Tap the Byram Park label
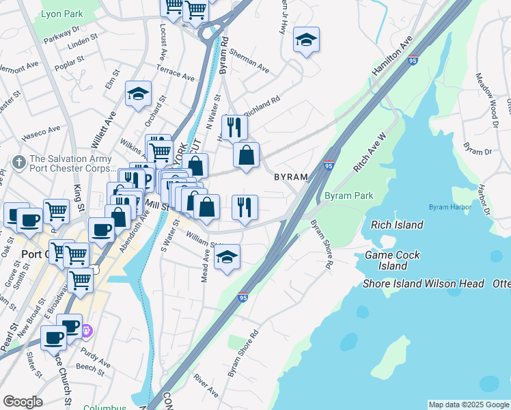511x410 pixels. pyautogui.click(x=348, y=195)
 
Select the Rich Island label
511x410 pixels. pyautogui.click(x=397, y=225)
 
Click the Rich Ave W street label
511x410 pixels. pyautogui.click(x=370, y=156)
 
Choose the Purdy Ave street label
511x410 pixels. pyautogui.click(x=95, y=358)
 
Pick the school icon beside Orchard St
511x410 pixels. pyautogui.click(x=138, y=95)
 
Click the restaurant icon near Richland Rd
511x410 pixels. pyautogui.click(x=234, y=126)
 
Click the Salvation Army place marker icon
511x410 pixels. pyautogui.click(x=18, y=163)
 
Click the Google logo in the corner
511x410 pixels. pyautogui.click(x=23, y=402)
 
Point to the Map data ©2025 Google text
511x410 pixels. pyautogui.click(x=468, y=405)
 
